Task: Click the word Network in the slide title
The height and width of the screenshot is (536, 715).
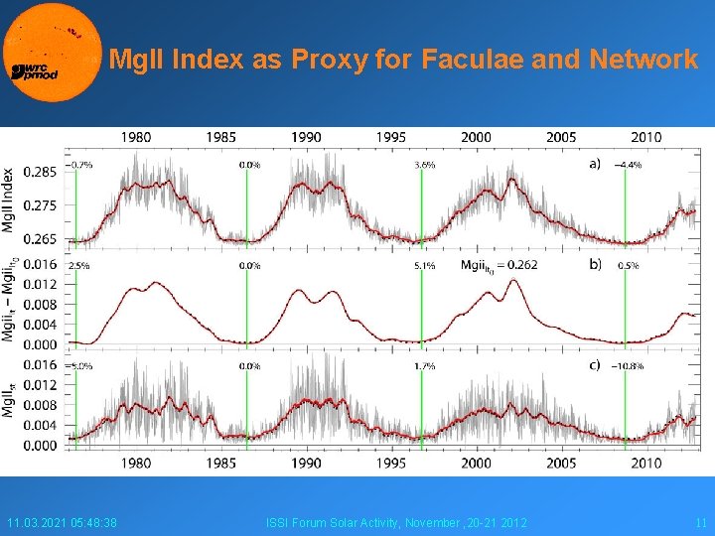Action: point(643,61)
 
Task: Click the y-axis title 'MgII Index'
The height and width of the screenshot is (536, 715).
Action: point(10,199)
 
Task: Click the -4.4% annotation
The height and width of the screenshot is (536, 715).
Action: point(628,166)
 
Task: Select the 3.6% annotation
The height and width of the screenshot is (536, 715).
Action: point(424,166)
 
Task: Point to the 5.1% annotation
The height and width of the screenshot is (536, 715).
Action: point(424,266)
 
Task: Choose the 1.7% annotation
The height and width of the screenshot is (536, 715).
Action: point(424,366)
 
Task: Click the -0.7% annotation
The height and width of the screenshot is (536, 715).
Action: point(79,166)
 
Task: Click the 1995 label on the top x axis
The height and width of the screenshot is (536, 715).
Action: point(391,137)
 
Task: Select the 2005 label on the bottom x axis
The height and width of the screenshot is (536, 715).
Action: point(561,463)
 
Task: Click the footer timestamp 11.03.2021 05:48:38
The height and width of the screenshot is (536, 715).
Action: point(62,523)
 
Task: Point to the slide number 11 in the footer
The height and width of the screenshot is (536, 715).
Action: point(700,523)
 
